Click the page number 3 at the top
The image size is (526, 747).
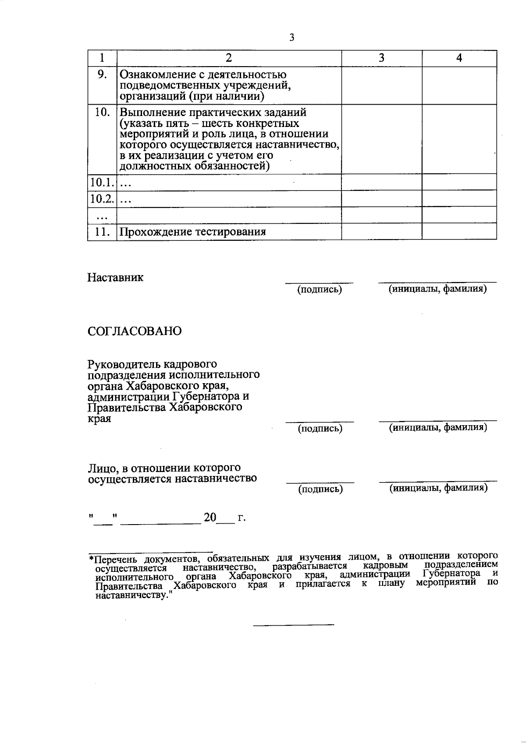[291, 38]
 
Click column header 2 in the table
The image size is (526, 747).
[228, 58]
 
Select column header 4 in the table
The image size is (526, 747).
[459, 58]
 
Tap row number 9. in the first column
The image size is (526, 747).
[102, 75]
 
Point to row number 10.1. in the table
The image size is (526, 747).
[102, 182]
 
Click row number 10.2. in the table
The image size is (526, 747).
[102, 199]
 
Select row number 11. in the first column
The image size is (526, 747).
[102, 232]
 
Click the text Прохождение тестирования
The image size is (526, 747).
[193, 232]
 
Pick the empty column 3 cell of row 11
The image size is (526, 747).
[381, 232]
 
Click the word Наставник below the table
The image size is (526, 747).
[115, 278]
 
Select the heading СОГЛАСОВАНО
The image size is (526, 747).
[135, 331]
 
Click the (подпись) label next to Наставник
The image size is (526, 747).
[320, 289]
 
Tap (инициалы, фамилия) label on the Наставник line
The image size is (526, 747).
[438, 289]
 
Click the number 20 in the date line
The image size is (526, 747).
[210, 518]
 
